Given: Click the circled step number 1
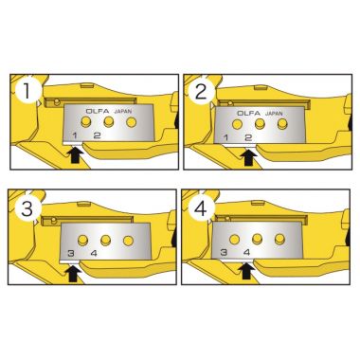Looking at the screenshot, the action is (x=27, y=91).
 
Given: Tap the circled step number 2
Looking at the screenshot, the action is (x=201, y=92).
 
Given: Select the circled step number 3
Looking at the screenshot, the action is (x=27, y=208).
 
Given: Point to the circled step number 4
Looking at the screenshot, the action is (x=201, y=208).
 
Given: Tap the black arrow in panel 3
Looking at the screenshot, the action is (x=73, y=272).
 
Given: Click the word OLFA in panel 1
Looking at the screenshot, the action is (x=98, y=111).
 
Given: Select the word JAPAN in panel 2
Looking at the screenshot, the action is (x=274, y=113).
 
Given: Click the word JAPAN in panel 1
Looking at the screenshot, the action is (x=123, y=111).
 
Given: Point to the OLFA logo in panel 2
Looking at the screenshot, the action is (x=249, y=113).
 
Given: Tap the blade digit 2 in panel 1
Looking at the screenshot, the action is (x=98, y=135).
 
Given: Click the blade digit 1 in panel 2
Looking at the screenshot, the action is (x=225, y=137).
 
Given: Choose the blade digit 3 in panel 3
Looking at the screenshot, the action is (x=71, y=253).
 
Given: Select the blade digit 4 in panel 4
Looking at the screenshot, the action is (x=247, y=252).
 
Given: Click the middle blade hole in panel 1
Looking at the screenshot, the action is (x=109, y=121).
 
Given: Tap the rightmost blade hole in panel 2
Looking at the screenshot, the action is (x=282, y=124).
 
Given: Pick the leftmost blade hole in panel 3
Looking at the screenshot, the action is (x=82, y=240).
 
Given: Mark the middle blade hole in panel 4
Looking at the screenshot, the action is (x=258, y=239).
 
